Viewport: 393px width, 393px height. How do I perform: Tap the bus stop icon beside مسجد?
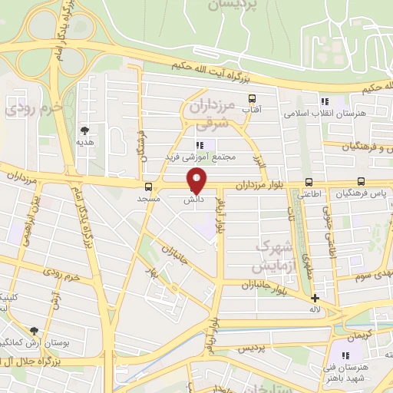pyautogui.click(x=148, y=187)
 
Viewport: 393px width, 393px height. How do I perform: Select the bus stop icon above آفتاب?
pyautogui.click(x=252, y=98)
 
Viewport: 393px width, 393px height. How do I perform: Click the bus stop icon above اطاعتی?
pyautogui.click(x=309, y=183)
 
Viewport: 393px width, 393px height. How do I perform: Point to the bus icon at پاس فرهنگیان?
pyautogui.click(x=360, y=183)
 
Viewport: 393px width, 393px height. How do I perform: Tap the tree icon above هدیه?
pyautogui.click(x=84, y=130)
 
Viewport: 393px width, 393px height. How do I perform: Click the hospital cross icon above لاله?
pyautogui.click(x=315, y=298)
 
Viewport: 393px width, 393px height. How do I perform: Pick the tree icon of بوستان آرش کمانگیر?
pyautogui.click(x=33, y=330)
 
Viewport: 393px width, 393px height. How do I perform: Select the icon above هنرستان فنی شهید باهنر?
pyautogui.click(x=345, y=355)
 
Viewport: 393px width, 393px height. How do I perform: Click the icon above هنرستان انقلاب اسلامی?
pyautogui.click(x=325, y=101)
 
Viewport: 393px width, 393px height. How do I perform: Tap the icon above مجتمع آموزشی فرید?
pyautogui.click(x=200, y=145)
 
